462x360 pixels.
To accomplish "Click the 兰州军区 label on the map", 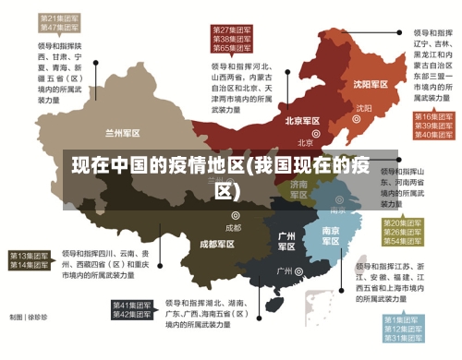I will coord(129,133).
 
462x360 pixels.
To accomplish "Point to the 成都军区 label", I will coord(216,245).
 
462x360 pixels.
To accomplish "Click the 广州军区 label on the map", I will coord(286,241).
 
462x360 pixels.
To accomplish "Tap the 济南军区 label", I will coord(298,189).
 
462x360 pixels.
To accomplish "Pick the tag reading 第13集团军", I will coord(30,255).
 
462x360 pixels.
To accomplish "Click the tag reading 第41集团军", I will coord(132,305).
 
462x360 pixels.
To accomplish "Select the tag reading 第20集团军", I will coord(403,224).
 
